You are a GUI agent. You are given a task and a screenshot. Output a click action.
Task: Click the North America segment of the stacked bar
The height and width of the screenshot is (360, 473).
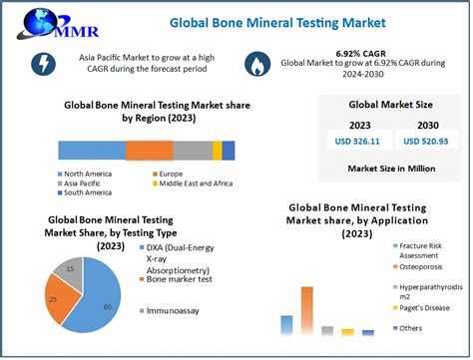(92, 151)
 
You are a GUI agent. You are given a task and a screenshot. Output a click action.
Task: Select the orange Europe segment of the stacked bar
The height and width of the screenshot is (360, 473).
(149, 151)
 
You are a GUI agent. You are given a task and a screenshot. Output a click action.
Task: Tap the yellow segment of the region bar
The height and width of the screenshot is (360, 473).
(218, 151)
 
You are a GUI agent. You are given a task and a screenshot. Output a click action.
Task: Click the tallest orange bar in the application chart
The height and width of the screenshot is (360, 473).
(307, 311)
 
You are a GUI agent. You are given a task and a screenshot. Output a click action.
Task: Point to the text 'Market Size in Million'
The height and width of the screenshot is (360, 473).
(391, 169)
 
